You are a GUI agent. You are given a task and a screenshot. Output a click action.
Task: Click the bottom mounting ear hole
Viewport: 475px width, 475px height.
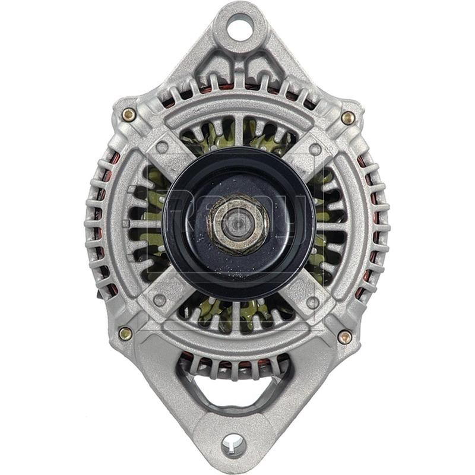pos(233,442)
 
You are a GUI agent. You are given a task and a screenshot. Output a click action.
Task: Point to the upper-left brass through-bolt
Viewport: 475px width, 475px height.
pos(128,114)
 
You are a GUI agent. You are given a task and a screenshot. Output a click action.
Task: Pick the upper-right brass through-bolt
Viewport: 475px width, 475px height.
pos(348,118)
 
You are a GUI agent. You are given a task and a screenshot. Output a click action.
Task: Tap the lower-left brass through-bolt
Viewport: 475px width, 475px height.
pos(125,333)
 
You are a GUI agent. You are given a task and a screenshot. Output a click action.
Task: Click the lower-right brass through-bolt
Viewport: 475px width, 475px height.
pos(344,337)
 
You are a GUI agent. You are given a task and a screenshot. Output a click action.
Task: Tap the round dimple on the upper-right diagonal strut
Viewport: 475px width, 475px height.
pos(315,149)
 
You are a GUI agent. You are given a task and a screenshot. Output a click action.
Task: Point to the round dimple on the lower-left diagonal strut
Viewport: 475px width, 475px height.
pos(159,300)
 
